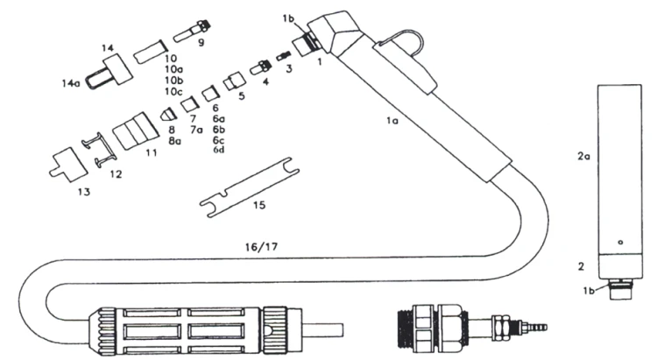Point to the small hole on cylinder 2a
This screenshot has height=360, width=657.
pyautogui.click(x=619, y=242)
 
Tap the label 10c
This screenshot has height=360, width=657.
pyautogui.click(x=173, y=92)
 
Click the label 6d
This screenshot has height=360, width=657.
pyautogui.click(x=219, y=149)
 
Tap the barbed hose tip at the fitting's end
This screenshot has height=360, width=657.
pyautogui.click(x=536, y=328)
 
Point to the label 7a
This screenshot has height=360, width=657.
pyautogui.click(x=196, y=130)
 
